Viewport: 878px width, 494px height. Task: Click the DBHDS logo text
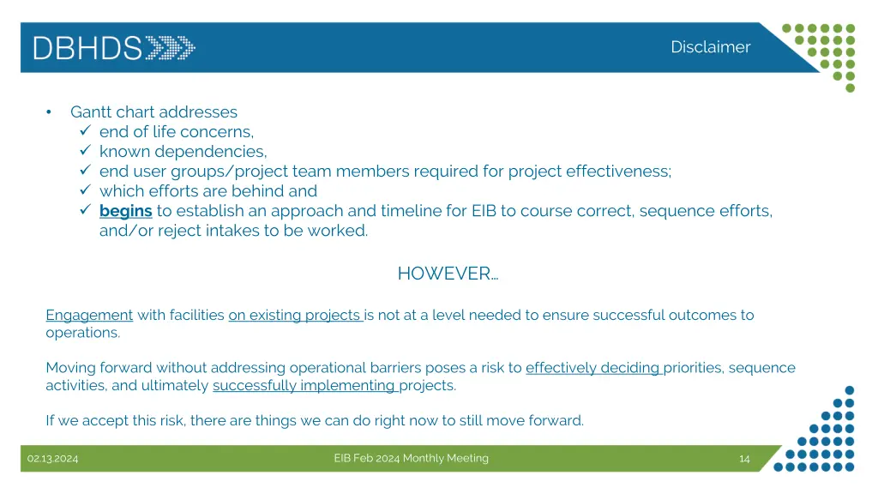point(87,47)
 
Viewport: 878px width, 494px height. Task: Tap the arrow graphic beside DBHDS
point(170,47)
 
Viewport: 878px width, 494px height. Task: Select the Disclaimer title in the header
point(710,47)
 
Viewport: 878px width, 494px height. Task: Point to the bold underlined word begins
point(125,210)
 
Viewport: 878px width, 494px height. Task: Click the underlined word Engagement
point(89,315)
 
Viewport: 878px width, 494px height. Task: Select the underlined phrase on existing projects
point(296,315)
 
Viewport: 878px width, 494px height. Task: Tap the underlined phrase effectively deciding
point(593,368)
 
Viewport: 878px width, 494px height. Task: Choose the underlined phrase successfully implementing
point(305,385)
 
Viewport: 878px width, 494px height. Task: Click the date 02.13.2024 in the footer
point(52,459)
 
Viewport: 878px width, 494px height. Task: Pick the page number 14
point(744,459)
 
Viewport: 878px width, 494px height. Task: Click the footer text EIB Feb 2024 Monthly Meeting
point(411,458)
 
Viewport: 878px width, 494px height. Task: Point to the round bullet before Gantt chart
point(50,112)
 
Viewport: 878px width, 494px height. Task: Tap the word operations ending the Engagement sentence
point(82,333)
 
